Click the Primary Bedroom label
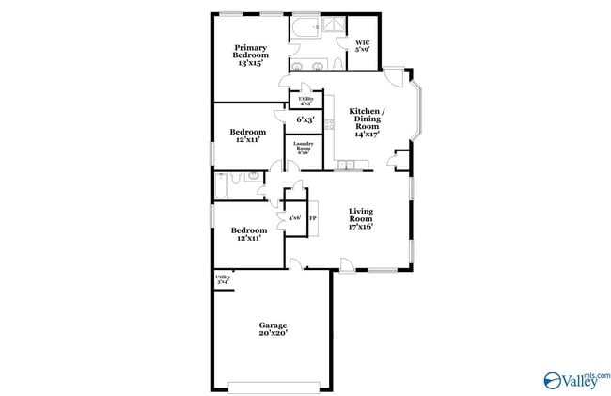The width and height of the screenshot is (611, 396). pyautogui.click(x=250, y=55)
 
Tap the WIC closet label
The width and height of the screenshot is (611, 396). pyautogui.click(x=363, y=46)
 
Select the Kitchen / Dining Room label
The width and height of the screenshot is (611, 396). pyautogui.click(x=367, y=123)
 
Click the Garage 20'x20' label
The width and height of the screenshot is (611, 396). pyautogui.click(x=274, y=329)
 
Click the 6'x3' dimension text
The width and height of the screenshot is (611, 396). pyautogui.click(x=305, y=119)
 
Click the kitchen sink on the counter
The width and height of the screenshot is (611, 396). pyautogui.click(x=349, y=166)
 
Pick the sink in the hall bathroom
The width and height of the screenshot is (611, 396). pyautogui.click(x=253, y=177)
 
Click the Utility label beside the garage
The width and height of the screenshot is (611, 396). pyautogui.click(x=223, y=278)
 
